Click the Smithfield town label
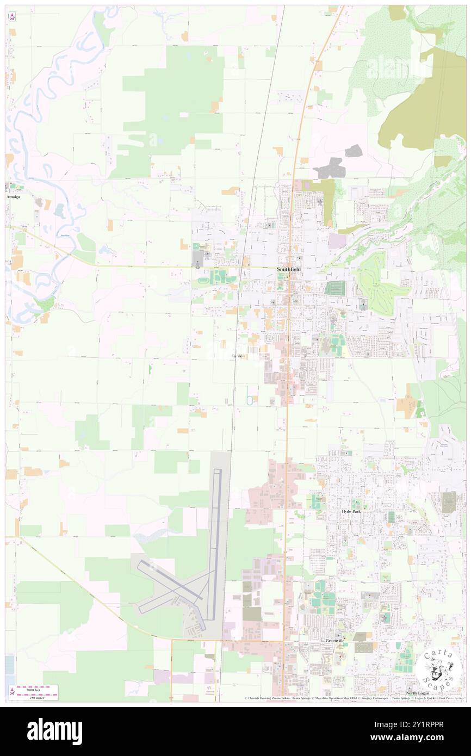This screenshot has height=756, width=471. [288, 269]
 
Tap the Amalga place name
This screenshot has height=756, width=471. [13, 197]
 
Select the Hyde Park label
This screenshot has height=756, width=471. [351, 512]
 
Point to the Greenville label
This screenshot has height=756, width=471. [335, 641]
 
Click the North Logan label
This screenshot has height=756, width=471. [418, 693]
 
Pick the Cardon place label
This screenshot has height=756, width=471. [238, 356]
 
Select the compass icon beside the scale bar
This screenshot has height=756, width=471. [12, 692]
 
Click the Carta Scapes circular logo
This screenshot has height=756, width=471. [439, 668]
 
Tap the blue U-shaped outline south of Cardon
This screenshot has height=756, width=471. [249, 396]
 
